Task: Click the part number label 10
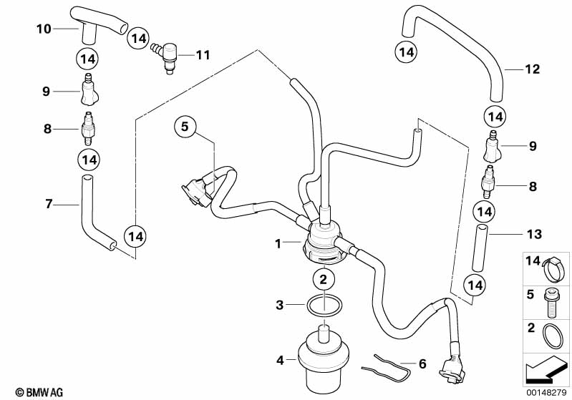44,29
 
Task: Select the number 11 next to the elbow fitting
203,54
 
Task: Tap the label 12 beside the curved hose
531,69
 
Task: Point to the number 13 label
534,234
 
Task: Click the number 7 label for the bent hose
49,205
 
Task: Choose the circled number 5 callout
184,127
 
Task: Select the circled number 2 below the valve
324,278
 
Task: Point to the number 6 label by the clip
422,363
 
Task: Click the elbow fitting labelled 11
169,56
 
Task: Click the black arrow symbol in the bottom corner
541,371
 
